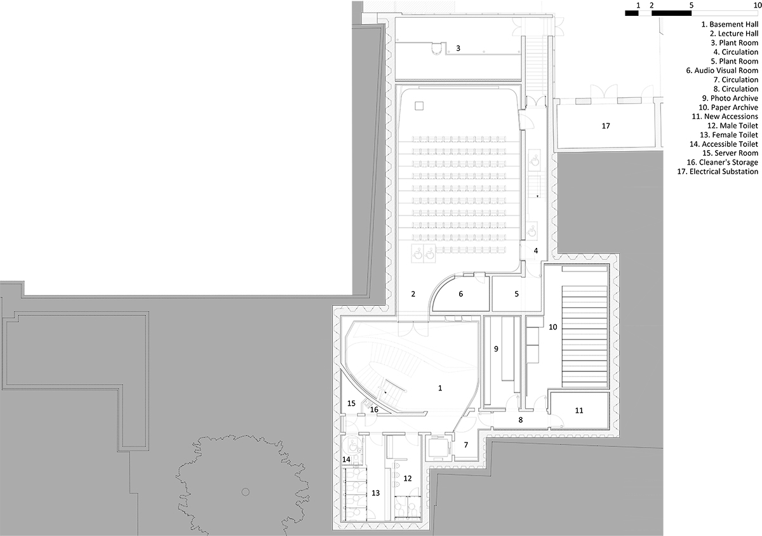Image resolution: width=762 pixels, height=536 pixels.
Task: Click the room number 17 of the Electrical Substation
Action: pyautogui.click(x=606, y=126)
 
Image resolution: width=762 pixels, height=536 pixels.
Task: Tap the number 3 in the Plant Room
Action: pyautogui.click(x=458, y=48)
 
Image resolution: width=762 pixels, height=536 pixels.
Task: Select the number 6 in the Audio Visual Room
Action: pyautogui.click(x=461, y=294)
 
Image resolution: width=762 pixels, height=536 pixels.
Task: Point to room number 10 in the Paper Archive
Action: pyautogui.click(x=553, y=327)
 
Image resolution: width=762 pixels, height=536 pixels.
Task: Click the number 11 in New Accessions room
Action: pyautogui.click(x=579, y=411)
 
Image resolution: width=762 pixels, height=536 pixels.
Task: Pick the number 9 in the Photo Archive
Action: pyautogui.click(x=496, y=348)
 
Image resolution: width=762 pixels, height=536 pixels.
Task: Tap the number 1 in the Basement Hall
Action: pyautogui.click(x=440, y=388)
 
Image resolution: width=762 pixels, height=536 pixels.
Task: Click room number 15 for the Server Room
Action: pyautogui.click(x=351, y=404)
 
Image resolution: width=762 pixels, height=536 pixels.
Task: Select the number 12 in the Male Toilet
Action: pyautogui.click(x=408, y=478)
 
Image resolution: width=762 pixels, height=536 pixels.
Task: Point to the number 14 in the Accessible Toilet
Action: pyautogui.click(x=346, y=460)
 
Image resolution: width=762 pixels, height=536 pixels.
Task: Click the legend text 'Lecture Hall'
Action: pyautogui.click(x=738, y=34)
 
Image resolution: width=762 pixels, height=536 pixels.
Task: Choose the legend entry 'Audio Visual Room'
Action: pyautogui.click(x=726, y=71)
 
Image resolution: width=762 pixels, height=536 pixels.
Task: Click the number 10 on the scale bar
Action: pyautogui.click(x=758, y=5)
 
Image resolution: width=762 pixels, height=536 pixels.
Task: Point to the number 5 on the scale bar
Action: pyautogui.click(x=692, y=5)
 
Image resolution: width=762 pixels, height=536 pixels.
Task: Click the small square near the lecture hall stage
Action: pyautogui.click(x=419, y=106)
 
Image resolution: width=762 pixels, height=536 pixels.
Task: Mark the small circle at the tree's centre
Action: pyautogui.click(x=245, y=491)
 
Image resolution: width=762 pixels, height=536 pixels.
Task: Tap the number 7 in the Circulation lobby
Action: pyautogui.click(x=466, y=444)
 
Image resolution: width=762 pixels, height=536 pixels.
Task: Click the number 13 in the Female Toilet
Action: pyautogui.click(x=375, y=493)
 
